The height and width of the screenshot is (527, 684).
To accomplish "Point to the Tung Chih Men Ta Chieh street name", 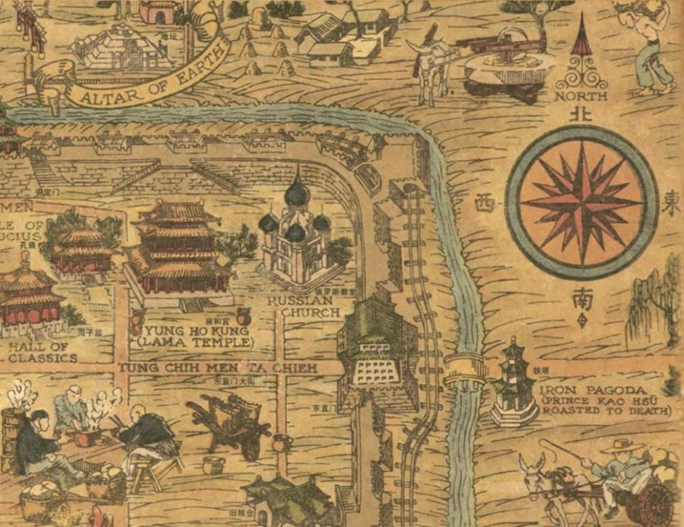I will [217, 367].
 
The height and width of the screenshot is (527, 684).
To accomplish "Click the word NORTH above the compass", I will [580, 96].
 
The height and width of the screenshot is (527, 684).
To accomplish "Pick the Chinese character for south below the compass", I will [581, 298].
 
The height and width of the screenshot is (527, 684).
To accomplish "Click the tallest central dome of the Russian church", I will [296, 192].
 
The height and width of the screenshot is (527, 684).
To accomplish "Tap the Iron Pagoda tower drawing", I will [514, 384].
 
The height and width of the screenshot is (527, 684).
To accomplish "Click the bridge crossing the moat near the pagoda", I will [464, 370].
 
